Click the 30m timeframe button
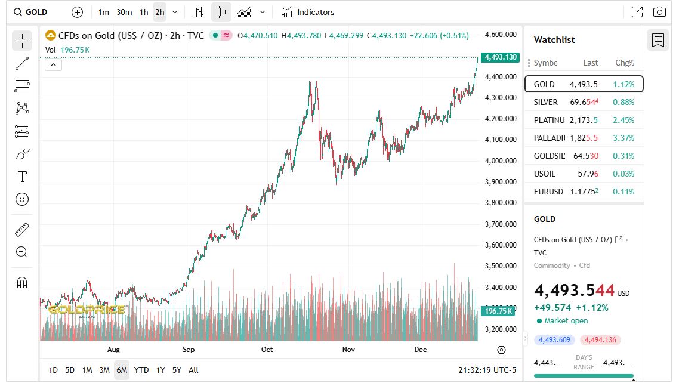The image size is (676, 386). [124, 12]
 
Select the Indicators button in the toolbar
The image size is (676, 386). [308, 12]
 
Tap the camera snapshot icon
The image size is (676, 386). [659, 12]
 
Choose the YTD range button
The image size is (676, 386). [141, 370]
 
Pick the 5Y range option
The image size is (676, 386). [177, 370]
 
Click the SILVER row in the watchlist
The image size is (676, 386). [584, 102]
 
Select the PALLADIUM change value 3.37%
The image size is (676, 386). [623, 138]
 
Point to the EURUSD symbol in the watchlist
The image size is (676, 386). [548, 192]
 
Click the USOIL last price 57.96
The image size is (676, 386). [588, 174]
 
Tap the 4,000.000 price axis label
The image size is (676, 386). [501, 160]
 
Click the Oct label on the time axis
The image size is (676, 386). [267, 350]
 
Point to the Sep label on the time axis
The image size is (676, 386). [189, 350]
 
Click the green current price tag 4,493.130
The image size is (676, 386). [500, 58]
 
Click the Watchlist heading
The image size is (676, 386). [554, 40]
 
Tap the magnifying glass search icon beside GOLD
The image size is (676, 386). [18, 12]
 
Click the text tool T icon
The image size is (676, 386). [22, 177]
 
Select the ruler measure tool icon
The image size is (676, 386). [22, 229]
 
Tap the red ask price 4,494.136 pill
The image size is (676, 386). [601, 340]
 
